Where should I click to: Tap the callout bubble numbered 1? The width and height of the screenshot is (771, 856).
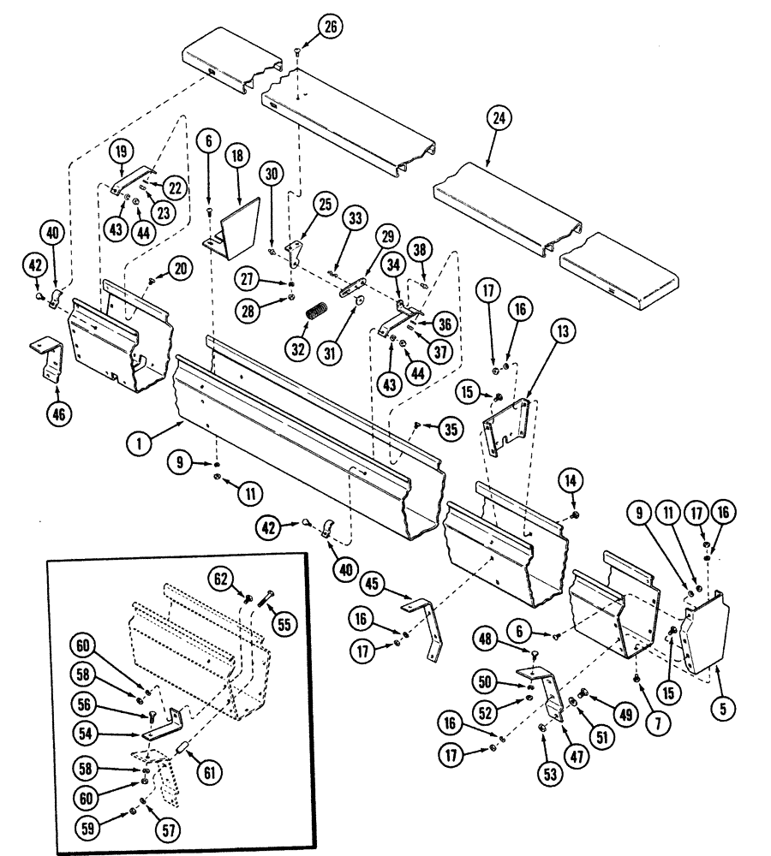coord(134,443)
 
